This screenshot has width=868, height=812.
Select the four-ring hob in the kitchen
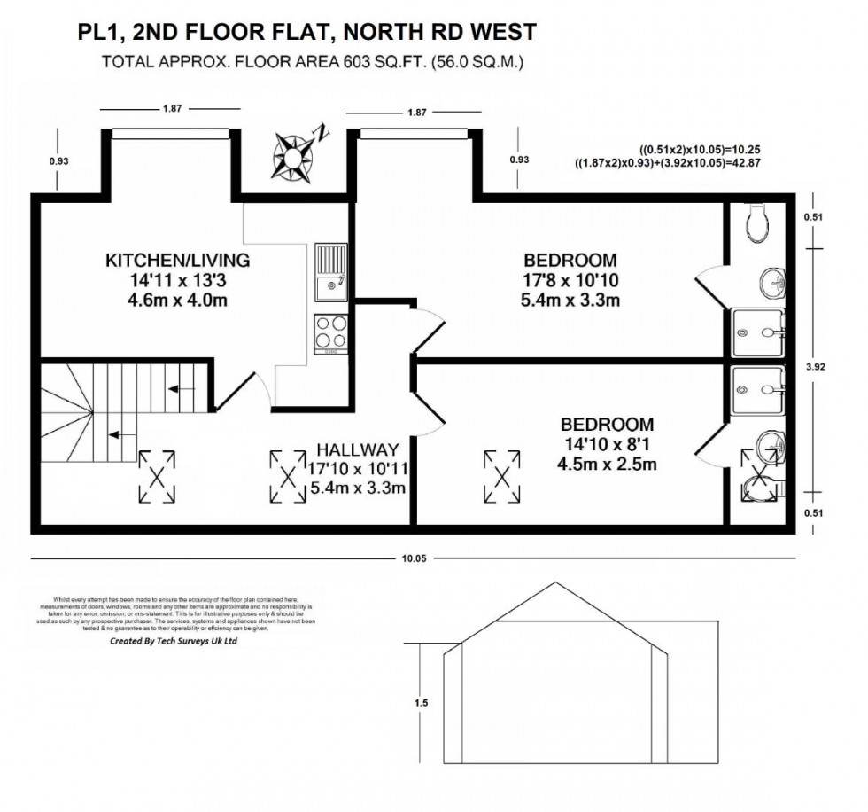click(x=332, y=333)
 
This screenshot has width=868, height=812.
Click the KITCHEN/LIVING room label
click(x=178, y=261)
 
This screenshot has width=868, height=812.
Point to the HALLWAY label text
click(x=358, y=449)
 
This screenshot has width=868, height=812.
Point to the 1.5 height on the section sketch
click(x=421, y=703)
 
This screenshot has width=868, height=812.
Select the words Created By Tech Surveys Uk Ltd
click(x=174, y=640)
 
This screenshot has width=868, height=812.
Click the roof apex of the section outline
click(x=555, y=583)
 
